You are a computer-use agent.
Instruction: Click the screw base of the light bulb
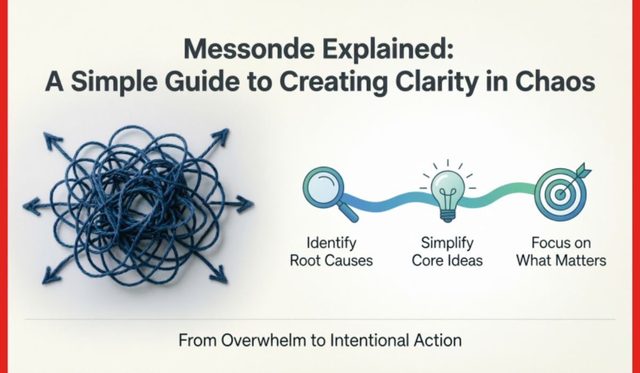(447, 215)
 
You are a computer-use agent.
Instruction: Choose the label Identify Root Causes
(331, 252)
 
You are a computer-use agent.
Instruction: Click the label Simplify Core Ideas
(447, 252)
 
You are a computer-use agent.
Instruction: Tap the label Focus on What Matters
(561, 252)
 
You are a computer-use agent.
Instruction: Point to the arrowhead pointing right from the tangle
(245, 204)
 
